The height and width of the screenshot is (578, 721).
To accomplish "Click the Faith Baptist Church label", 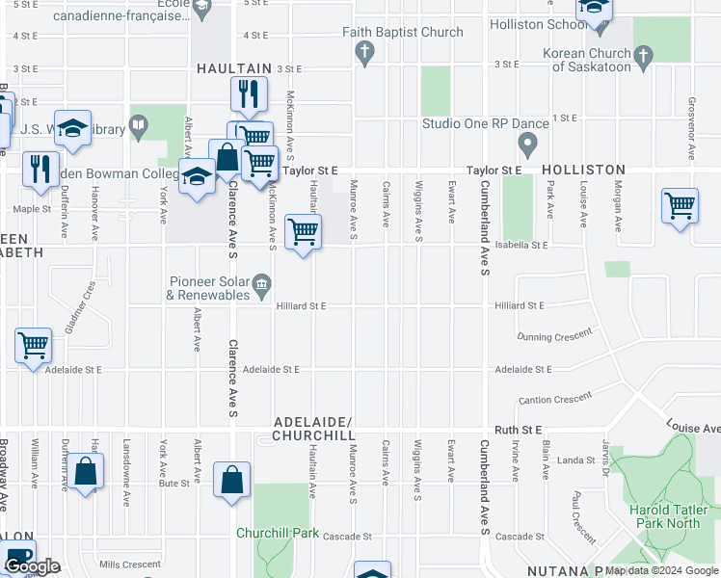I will click(x=403, y=32).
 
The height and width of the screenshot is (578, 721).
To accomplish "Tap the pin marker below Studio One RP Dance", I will click(x=527, y=146).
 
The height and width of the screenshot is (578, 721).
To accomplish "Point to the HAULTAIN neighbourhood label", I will click(x=233, y=68).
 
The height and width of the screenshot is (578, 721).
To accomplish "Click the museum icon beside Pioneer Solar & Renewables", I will click(x=261, y=285).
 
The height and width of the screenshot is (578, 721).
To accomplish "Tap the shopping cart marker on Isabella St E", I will click(x=304, y=232).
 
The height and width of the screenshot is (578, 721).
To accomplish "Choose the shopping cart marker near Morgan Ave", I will click(x=680, y=205).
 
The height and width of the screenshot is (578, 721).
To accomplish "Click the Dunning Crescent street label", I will click(x=553, y=337).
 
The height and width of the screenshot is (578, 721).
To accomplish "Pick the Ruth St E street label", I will click(x=520, y=429).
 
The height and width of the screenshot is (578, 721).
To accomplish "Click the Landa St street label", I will click(x=576, y=460).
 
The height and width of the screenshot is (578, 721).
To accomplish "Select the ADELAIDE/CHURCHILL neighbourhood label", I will click(x=314, y=430).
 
